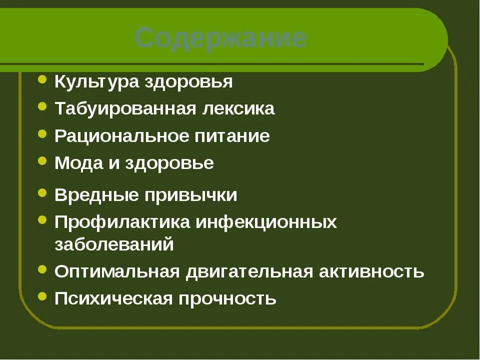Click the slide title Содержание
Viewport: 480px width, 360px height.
click(x=220, y=38)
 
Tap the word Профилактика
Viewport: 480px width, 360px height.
click(x=122, y=222)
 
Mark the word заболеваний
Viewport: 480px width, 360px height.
click(x=114, y=244)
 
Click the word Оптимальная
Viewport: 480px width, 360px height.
click(x=116, y=272)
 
